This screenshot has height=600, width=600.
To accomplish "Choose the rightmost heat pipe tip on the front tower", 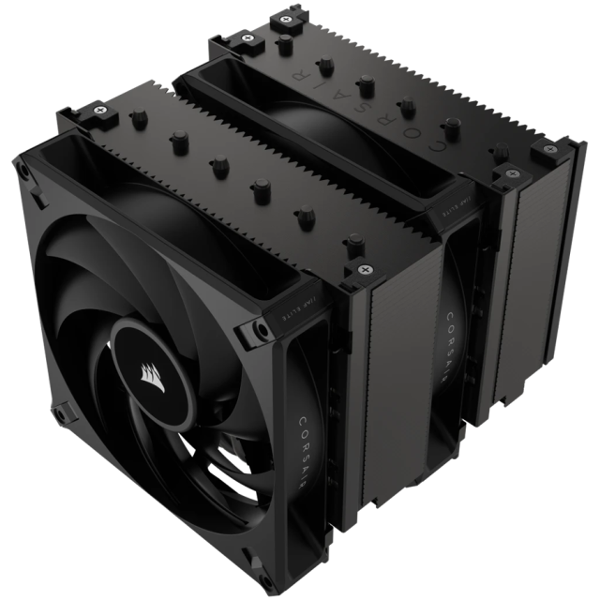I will (x=353, y=240).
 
